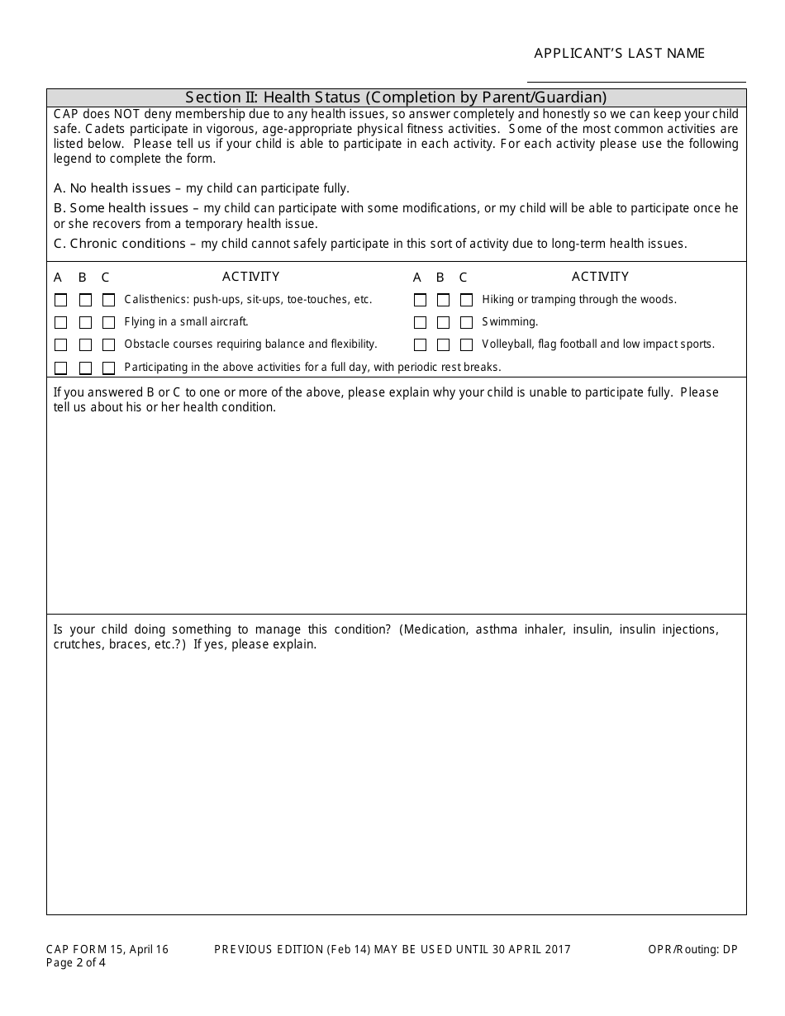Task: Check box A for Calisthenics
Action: coord(60,300)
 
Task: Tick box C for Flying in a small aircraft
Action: coord(108,322)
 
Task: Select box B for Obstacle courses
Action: coord(85,344)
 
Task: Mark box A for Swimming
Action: coord(420,322)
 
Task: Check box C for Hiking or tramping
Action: coord(467,300)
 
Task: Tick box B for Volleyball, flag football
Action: coord(444,344)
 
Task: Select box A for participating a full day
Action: coord(60,368)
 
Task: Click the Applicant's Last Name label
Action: coord(619,54)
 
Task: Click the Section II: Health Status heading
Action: coord(396,97)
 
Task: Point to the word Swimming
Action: coord(510,322)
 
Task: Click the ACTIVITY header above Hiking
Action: coord(600,277)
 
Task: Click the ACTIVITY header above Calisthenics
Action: coord(250,277)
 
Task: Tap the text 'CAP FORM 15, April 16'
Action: coord(107,950)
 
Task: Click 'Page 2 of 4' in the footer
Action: coord(77,962)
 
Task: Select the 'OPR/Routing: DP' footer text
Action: coord(692,950)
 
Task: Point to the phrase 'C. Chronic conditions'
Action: coord(120,244)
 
